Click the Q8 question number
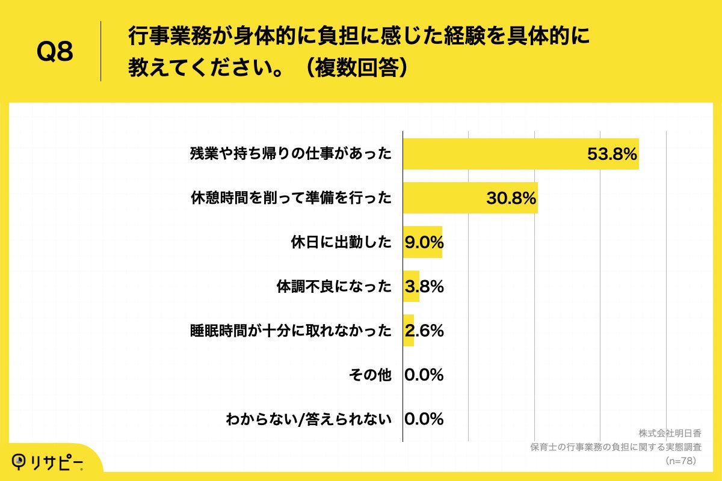(55, 52)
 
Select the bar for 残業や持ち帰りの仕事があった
(520, 154)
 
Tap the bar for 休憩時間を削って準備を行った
(470, 198)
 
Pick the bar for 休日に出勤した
(422, 242)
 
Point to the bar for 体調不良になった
(411, 286)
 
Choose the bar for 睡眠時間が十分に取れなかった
(409, 331)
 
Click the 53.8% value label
(612, 155)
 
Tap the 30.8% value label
(511, 198)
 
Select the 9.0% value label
(424, 243)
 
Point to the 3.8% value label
(424, 287)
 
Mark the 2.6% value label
(424, 331)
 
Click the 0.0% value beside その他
(424, 375)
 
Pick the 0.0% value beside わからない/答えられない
(424, 419)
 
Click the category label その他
(370, 375)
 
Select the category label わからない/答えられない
(308, 419)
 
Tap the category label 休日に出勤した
(341, 243)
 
